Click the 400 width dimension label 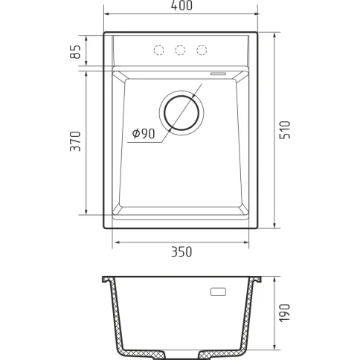pos(181,5)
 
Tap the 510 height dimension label pos(285,130)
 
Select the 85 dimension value pos(76,51)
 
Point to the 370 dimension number pos(76,141)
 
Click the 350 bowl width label pos(181,251)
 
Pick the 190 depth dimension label pos(285,313)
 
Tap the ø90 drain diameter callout pos(144,134)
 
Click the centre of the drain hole pos(181,113)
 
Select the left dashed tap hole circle pos(159,50)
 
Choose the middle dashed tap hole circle pos(180,50)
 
